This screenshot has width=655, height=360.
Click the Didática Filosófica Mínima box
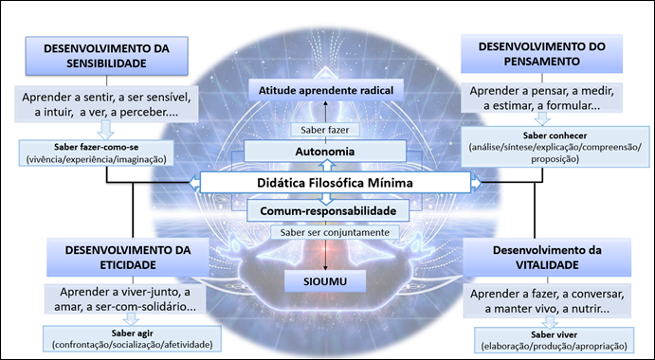coord(327,181)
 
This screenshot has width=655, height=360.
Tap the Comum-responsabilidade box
coord(327,209)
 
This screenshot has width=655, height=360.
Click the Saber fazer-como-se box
coord(100,153)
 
